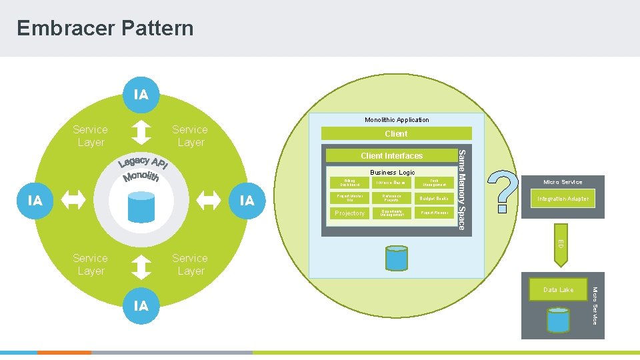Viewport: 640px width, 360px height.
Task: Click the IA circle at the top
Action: point(141,95)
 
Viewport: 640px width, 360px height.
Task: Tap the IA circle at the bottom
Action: point(141,305)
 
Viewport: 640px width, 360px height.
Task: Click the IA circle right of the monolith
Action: point(247,200)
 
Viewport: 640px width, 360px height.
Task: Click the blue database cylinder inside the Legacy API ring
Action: point(141,205)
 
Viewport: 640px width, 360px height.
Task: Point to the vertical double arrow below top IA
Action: point(141,132)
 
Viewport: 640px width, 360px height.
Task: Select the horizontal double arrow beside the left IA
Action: point(73,200)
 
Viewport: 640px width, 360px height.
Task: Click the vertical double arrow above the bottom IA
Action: point(141,267)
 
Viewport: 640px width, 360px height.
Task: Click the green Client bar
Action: point(396,133)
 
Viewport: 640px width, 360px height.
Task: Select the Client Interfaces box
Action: point(391,156)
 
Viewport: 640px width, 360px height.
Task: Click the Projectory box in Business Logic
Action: point(350,213)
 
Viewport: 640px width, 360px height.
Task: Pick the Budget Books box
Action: point(433,199)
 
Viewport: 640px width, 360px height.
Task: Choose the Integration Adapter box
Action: point(563,199)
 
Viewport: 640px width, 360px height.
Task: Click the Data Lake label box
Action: point(558,289)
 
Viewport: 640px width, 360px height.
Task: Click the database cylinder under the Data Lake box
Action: point(558,319)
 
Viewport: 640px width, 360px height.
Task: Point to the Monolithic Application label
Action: point(397,120)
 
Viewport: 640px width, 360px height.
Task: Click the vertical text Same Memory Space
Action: point(461,189)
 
